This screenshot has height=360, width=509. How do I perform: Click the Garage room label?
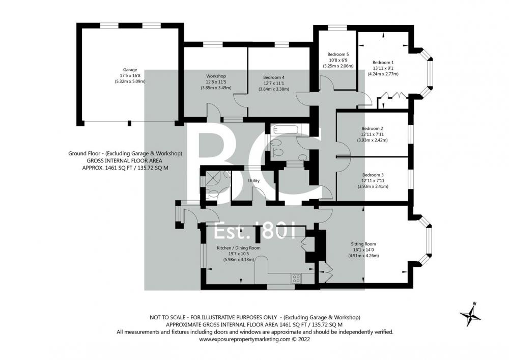(130, 69)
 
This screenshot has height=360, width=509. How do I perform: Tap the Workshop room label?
(216, 76)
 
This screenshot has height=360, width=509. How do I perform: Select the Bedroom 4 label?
(274, 77)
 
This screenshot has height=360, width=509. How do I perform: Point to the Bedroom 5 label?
(338, 54)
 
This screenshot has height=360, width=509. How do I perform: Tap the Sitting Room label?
(363, 244)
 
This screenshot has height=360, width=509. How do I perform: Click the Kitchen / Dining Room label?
(239, 248)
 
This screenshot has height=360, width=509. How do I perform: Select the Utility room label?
(253, 181)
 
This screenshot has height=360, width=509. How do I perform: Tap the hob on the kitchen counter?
(296, 278)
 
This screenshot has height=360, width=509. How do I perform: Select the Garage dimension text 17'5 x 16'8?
(130, 76)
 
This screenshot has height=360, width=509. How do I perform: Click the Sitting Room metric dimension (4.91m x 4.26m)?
(363, 256)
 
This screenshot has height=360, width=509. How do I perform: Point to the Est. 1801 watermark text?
(255, 231)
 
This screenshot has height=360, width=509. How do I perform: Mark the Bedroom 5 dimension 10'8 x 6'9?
(338, 60)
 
